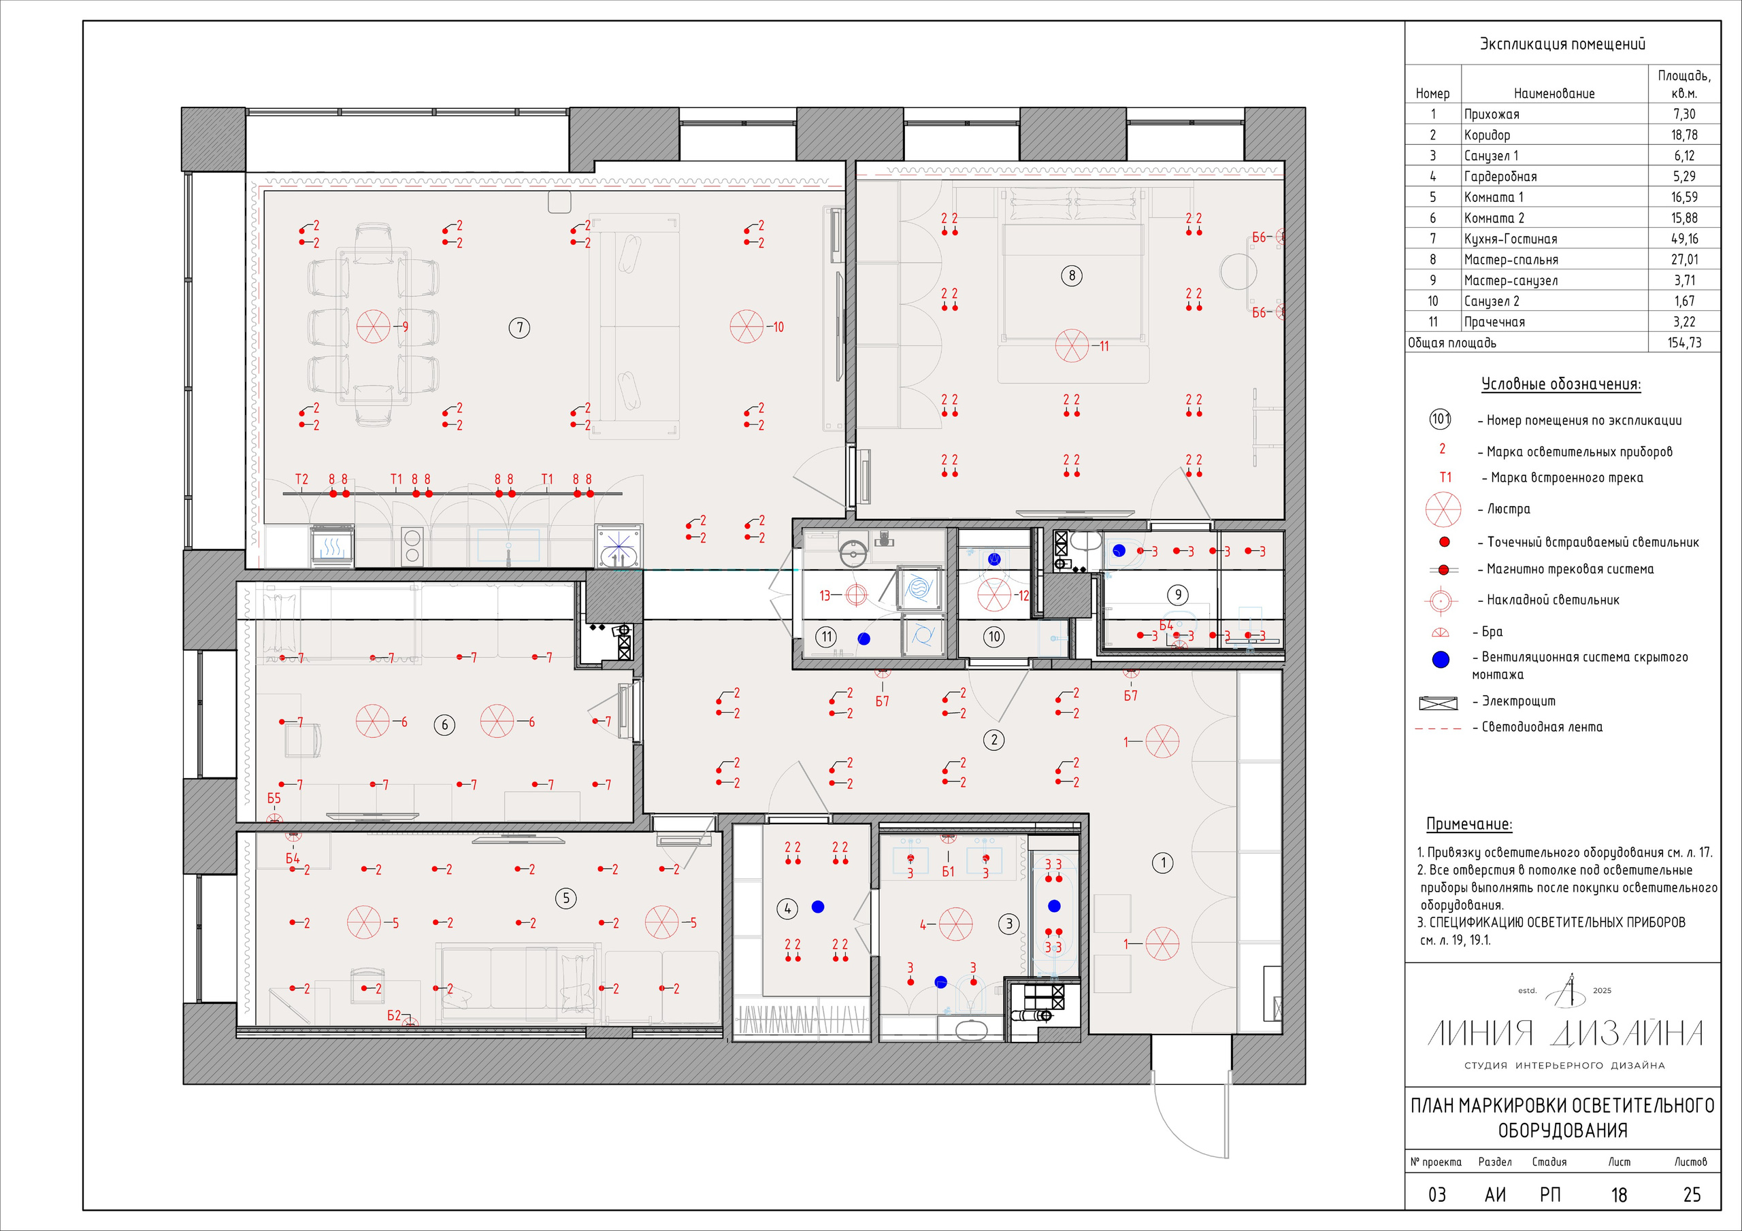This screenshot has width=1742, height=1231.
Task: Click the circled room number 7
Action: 519,328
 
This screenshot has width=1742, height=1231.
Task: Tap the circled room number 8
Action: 1071,275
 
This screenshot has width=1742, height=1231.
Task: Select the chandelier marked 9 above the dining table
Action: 374,326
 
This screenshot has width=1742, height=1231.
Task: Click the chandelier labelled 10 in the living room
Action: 746,326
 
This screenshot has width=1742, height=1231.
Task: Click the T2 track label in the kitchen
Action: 301,479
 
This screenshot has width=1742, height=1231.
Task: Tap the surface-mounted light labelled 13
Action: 856,595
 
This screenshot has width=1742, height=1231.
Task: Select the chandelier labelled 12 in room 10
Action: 994,594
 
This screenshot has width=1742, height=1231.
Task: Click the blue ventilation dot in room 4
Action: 817,907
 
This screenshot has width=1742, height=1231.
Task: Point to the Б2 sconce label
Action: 394,1015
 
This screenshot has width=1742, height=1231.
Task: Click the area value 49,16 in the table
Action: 1684,239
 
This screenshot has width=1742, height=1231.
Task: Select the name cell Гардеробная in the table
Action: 1500,177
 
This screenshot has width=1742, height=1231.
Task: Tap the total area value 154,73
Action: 1684,343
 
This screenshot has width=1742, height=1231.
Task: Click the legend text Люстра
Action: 1509,509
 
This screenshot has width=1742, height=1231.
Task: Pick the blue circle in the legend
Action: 1440,660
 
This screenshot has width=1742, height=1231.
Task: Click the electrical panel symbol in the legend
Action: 1438,703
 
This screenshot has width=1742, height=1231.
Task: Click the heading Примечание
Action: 1469,824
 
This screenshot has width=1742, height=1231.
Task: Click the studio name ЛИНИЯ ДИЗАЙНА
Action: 1564,1033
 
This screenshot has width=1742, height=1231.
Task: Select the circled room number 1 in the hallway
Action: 1162,862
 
